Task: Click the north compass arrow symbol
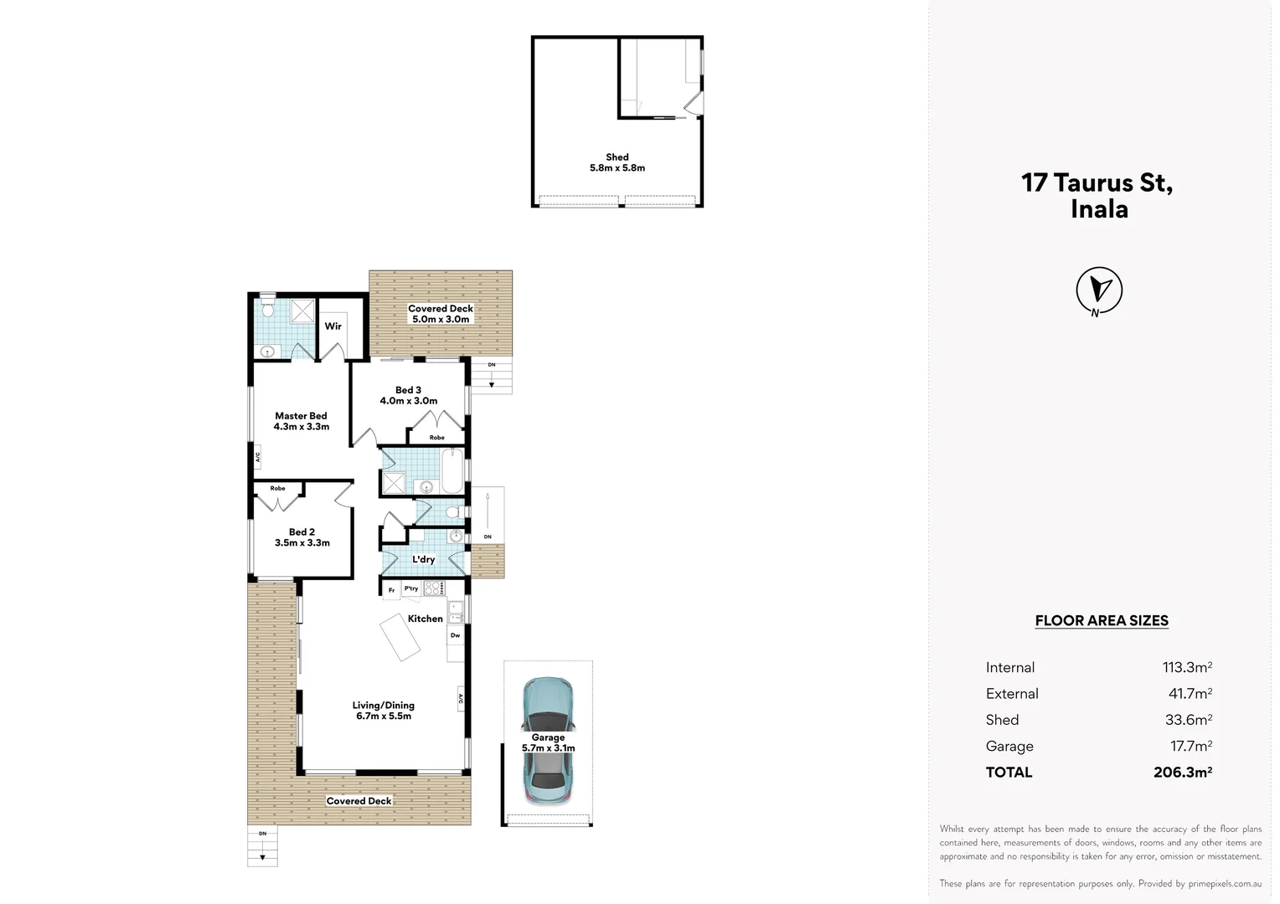1098,290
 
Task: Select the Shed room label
617,157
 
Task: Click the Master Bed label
301,416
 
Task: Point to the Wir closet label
333,326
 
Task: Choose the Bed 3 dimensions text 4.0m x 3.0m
408,401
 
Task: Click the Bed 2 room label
302,532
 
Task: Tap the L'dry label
423,559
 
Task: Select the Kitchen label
425,619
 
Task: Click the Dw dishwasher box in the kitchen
455,635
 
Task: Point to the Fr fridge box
391,590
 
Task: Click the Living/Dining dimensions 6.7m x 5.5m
383,717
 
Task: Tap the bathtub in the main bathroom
452,471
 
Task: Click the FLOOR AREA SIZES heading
1101,620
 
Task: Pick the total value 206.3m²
1182,772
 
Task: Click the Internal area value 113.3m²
1186,667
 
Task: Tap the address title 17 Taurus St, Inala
1097,195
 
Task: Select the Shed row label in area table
1002,720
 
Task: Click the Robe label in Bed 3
436,438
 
